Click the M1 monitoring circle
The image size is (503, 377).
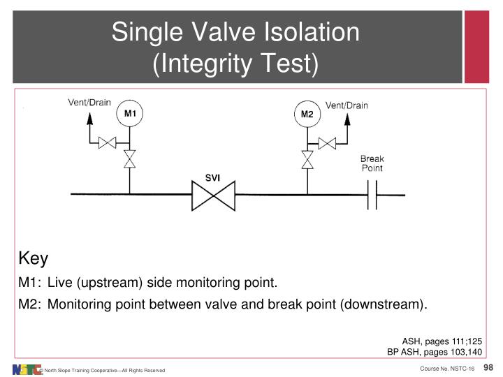coord(130,114)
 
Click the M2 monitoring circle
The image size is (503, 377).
coord(307,114)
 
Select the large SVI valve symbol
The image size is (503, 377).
coord(214,195)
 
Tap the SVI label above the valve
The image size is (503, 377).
coord(213,178)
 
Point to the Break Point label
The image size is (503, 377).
coord(372,163)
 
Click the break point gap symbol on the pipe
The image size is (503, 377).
coord(372,195)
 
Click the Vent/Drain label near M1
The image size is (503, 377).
coord(89,102)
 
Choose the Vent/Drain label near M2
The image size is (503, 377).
coord(347,105)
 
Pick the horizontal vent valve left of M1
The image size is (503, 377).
coord(108,143)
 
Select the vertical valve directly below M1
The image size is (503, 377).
coord(129,158)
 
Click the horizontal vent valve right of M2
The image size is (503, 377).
coord(327,143)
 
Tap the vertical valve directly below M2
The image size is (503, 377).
coord(307,158)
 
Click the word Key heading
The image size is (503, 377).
coord(33,259)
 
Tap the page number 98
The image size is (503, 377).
coord(489,367)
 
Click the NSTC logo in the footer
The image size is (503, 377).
coord(27,369)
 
